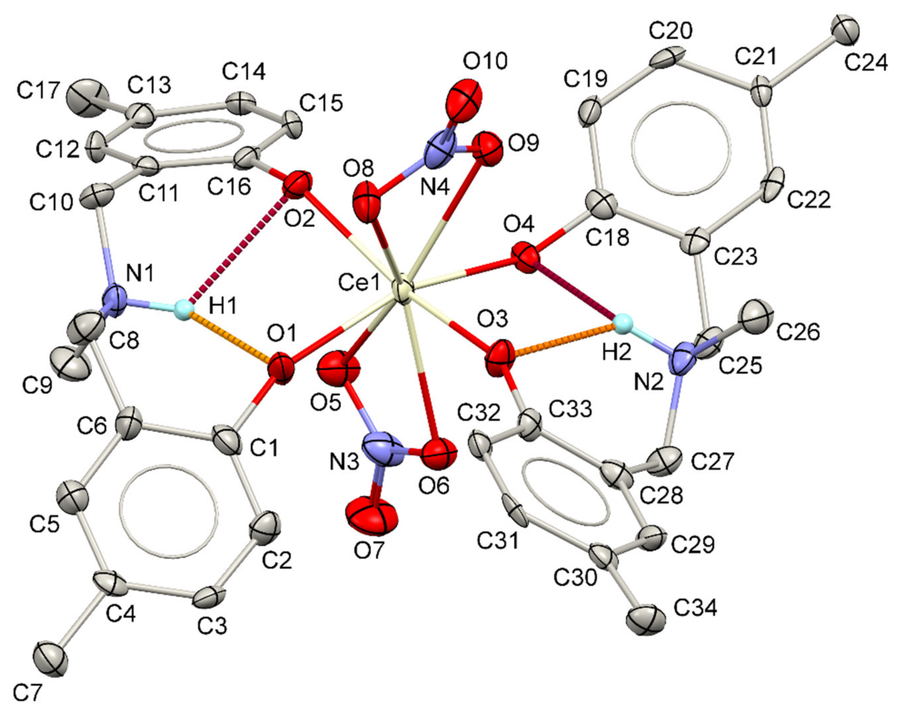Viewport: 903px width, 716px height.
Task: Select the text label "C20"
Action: pos(671,31)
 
